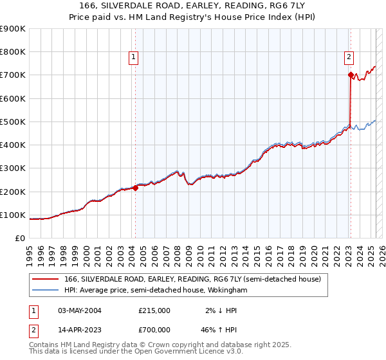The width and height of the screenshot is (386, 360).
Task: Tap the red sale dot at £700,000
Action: click(351, 75)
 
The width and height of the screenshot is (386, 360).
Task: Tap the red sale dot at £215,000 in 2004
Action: click(136, 188)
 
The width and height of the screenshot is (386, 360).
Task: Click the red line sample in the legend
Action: click(46, 278)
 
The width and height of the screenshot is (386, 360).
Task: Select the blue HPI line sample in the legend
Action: click(46, 291)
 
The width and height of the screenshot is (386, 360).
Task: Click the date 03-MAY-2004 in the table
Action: click(80, 310)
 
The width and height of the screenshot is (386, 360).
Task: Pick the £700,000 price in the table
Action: click(154, 328)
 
